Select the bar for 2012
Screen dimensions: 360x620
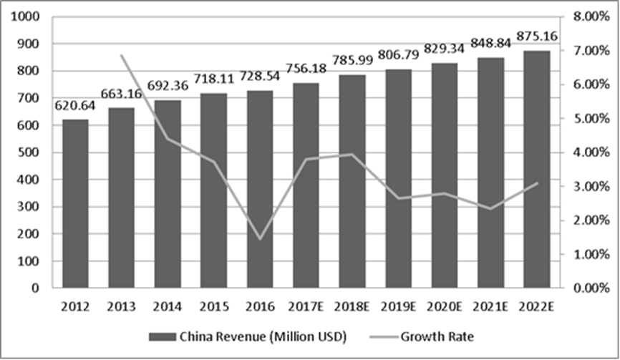tap(75, 204)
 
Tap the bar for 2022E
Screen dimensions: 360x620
tap(537, 170)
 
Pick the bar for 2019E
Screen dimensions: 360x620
tap(399, 179)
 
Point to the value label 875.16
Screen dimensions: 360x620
tap(537, 37)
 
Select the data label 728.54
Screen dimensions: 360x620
tap(260, 79)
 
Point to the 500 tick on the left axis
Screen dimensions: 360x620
tap(30, 152)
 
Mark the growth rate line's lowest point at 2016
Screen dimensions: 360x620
tap(260, 239)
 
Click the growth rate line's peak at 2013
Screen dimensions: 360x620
tap(122, 55)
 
